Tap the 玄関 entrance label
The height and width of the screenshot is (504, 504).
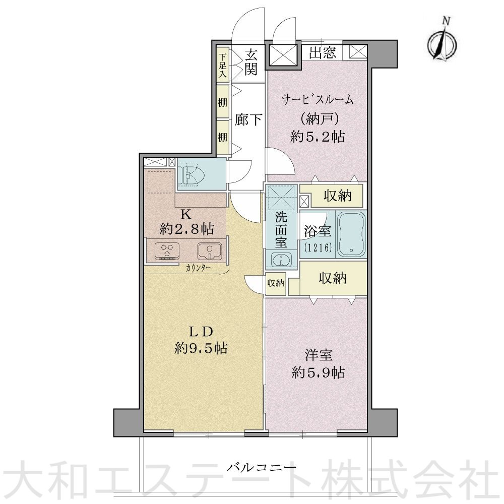[x=251, y=61]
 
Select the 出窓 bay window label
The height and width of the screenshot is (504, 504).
[x=323, y=53]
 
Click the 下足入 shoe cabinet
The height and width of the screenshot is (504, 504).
[x=222, y=62]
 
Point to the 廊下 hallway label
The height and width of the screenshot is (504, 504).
[x=248, y=120]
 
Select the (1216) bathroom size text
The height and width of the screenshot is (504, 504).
[x=318, y=247]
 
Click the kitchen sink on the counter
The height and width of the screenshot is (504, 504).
[x=209, y=250]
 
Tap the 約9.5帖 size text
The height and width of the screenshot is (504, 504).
[x=201, y=347]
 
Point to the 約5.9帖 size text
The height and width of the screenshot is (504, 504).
[x=319, y=372]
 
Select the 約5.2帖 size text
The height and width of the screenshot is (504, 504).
[x=318, y=136]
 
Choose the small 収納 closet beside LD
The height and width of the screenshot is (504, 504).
[x=276, y=283]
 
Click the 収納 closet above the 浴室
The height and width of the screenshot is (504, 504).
[x=337, y=197]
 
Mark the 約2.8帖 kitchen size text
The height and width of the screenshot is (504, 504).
[x=186, y=229]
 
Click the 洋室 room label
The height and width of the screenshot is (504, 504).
[x=318, y=355]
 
